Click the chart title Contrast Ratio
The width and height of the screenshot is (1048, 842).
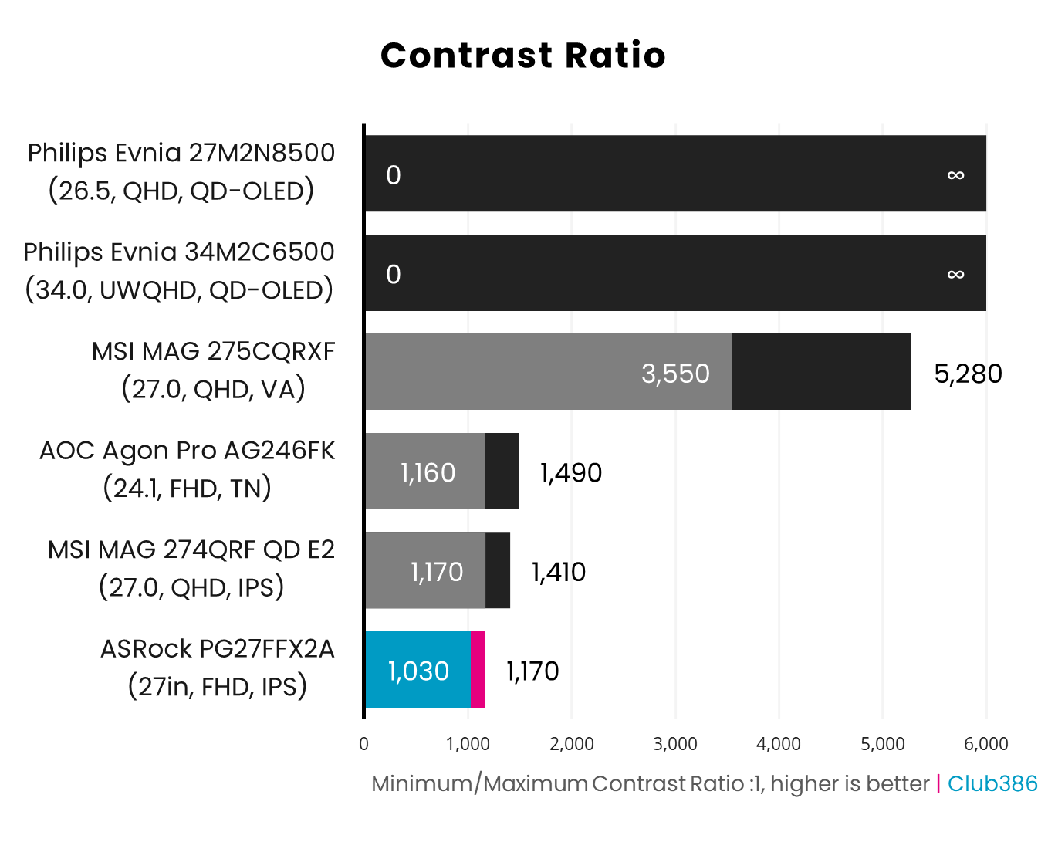point(523,56)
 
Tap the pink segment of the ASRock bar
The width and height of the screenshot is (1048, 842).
point(478,669)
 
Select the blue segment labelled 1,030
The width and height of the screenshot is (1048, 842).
point(418,669)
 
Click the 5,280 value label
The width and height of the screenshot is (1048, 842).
point(968,374)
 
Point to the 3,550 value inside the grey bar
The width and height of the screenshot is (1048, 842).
point(675,374)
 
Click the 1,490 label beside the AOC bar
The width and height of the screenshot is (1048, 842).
point(570,472)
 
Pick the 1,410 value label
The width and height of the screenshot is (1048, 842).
point(558,572)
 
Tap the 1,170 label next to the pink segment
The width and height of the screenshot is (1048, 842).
point(532,671)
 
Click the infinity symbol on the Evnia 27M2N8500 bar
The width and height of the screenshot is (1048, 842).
point(955,175)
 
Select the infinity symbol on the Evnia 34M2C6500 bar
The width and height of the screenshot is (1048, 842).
point(955,274)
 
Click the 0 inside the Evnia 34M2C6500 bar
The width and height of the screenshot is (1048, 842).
point(394,275)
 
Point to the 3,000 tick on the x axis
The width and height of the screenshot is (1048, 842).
point(675,744)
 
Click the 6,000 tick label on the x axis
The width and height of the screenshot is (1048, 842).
point(986,744)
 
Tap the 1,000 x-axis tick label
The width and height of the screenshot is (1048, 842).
point(468,744)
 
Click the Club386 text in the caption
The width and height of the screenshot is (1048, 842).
point(992,783)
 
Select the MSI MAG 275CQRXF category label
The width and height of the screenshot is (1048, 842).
point(213,370)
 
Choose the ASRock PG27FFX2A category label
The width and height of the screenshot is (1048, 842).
point(217,667)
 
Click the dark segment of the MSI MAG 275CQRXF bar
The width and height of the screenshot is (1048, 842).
point(821,372)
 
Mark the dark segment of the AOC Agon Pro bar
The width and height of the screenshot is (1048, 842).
point(502,471)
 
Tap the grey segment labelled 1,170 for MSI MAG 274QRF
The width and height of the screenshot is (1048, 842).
point(424,570)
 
